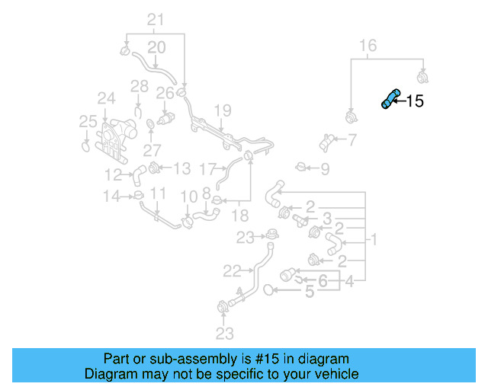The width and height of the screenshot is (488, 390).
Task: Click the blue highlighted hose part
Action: tap(390, 100)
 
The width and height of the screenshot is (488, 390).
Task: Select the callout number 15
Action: tap(415, 101)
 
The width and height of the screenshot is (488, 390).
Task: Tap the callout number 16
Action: tap(368, 46)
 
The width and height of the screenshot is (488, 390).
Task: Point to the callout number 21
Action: tap(156, 20)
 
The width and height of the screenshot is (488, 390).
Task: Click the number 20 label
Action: tap(156, 48)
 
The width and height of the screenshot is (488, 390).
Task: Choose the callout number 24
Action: tap(105, 98)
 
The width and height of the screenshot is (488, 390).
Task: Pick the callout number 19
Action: tap(221, 111)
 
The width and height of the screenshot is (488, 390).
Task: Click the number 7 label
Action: tap(352, 139)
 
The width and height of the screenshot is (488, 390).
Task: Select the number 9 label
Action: tap(325, 168)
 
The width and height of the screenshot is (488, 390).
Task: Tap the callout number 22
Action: tap(232, 269)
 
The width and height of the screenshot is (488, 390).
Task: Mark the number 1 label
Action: tap(374, 241)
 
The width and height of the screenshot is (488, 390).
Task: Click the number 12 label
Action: tap(114, 174)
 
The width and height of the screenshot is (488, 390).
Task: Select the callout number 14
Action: tap(112, 197)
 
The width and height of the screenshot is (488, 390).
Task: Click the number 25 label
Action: tap(88, 121)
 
